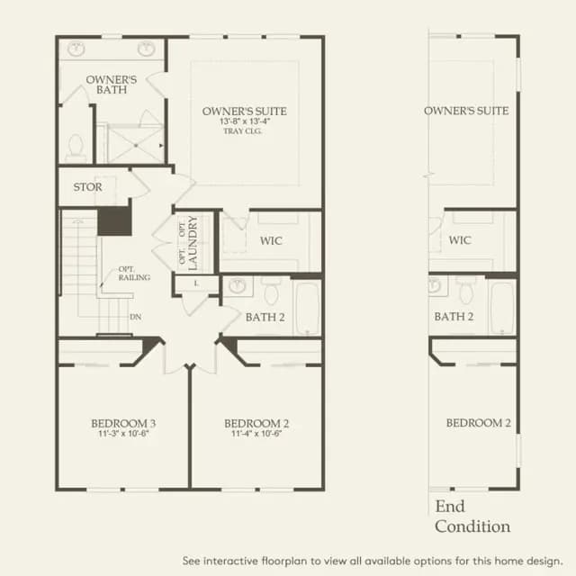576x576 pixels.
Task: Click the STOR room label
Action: pyautogui.click(x=87, y=187)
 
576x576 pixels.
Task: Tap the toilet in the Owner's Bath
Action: pyautogui.click(x=76, y=148)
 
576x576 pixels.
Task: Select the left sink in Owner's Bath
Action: pyautogui.click(x=76, y=49)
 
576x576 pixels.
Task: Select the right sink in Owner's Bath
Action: pyautogui.click(x=146, y=49)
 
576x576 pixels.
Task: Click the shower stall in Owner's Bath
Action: pyautogui.click(x=136, y=144)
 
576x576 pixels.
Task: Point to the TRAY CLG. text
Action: pyautogui.click(x=242, y=131)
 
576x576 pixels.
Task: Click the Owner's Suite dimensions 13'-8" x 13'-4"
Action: pyautogui.click(x=245, y=121)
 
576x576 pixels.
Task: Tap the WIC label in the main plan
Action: pyautogui.click(x=271, y=241)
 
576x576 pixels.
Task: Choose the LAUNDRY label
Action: pyautogui.click(x=193, y=243)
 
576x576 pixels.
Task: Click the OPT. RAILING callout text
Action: pyautogui.click(x=134, y=274)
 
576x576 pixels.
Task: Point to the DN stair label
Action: pyautogui.click(x=135, y=317)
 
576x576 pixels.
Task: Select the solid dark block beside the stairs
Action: pyautogui.click(x=114, y=221)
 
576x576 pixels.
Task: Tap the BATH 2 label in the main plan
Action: pyautogui.click(x=265, y=318)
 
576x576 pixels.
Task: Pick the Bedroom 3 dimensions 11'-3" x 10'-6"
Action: pyautogui.click(x=123, y=434)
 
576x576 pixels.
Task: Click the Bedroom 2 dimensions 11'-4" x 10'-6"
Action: pyautogui.click(x=256, y=434)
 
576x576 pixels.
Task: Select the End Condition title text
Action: pyautogui.click(x=472, y=517)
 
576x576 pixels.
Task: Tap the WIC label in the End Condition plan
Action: pyautogui.click(x=460, y=240)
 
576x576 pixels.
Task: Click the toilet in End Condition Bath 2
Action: pyautogui.click(x=466, y=290)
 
